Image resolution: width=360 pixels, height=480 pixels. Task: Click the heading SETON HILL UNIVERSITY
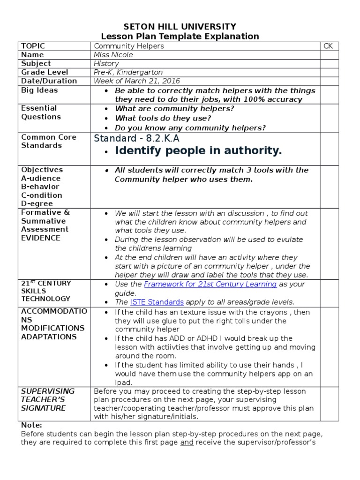180,27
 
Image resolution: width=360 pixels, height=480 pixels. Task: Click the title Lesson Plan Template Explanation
180,37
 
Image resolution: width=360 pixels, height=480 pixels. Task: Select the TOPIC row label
33,46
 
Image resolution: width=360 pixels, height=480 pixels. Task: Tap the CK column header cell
328,46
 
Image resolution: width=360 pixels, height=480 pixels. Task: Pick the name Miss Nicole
113,55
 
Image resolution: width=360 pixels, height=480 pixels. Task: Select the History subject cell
106,64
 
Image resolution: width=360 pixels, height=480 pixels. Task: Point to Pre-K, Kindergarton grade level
128,73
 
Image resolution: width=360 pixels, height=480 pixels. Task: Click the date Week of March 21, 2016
137,81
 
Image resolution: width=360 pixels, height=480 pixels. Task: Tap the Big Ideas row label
39,90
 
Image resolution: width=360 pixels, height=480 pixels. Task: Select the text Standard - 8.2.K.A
137,138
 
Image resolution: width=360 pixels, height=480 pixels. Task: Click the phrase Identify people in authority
198,151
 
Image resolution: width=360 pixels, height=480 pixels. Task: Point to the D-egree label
37,204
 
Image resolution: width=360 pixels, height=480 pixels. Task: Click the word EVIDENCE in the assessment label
41,238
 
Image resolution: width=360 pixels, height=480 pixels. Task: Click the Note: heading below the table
31,425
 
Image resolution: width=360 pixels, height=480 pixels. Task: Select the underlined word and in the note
187,442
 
